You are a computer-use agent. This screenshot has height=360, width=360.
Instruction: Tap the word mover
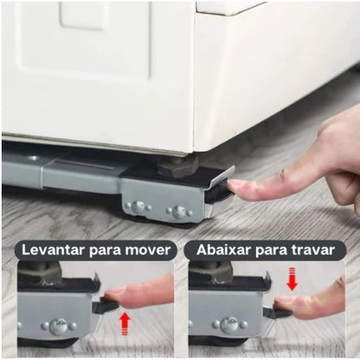[149, 250]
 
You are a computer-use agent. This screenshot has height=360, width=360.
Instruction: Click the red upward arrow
[125, 323]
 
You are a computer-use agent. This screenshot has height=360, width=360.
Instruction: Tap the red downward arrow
[292, 279]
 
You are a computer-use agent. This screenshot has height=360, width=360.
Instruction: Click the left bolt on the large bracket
[139, 208]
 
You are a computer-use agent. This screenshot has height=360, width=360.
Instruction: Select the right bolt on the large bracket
[178, 211]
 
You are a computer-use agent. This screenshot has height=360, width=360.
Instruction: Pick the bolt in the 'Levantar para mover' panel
[59, 327]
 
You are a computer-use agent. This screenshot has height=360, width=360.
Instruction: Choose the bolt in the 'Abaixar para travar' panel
[229, 326]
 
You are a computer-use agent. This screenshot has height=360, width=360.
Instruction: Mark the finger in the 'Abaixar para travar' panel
[312, 303]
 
